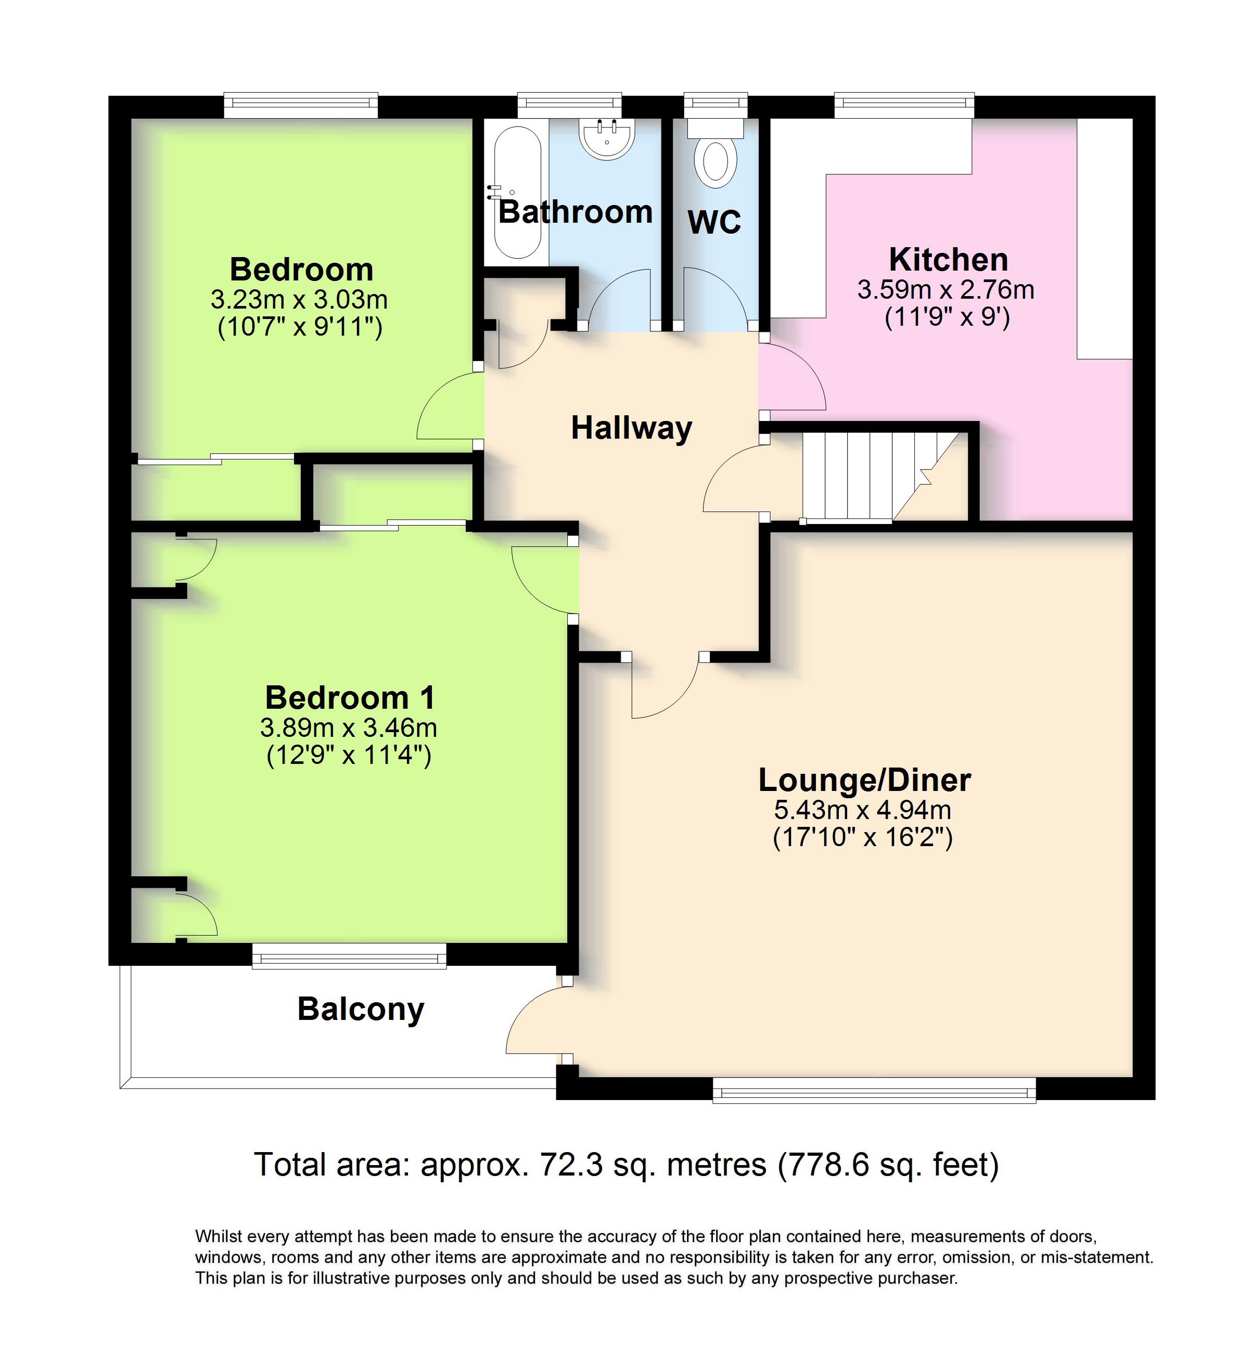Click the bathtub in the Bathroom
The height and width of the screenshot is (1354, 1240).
point(517,192)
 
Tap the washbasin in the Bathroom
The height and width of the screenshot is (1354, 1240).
point(607,138)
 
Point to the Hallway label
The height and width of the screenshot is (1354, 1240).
point(631,428)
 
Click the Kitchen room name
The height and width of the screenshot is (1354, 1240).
point(948,259)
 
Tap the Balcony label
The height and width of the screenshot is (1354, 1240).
point(361,1010)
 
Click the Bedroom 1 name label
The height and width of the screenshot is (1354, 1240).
point(350,698)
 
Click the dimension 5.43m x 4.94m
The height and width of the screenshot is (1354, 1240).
point(863,810)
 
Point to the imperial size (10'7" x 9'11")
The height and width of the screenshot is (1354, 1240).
point(300,327)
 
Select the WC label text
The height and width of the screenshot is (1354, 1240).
point(714,222)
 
